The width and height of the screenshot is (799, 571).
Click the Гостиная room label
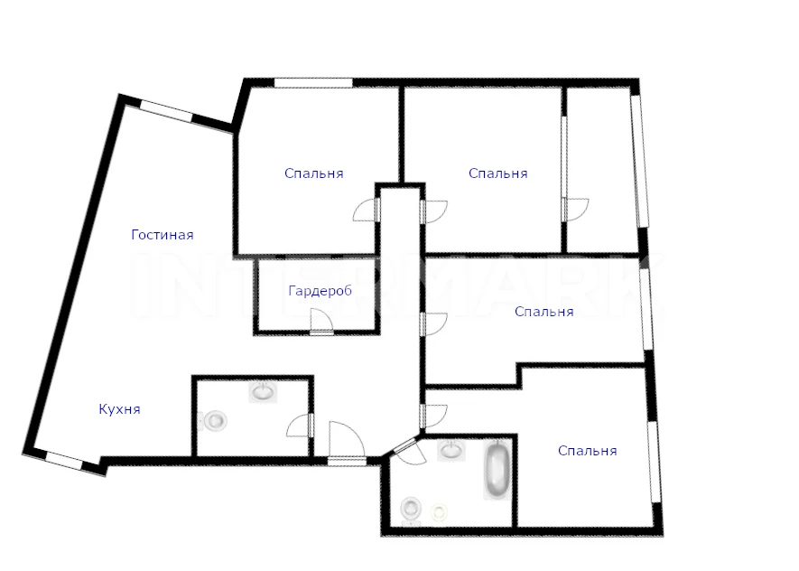point(162,235)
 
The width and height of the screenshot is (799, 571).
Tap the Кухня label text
point(119,409)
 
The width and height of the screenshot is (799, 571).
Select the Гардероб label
point(320,291)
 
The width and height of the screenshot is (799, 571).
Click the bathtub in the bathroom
point(497,470)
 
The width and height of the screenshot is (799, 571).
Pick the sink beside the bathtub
point(451,450)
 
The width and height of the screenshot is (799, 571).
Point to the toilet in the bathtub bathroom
point(411,509)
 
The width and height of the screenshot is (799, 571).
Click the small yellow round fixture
point(439,510)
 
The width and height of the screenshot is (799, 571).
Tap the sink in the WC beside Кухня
point(263,392)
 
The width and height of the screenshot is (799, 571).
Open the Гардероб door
point(321,323)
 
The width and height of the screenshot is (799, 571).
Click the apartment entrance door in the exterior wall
point(347,444)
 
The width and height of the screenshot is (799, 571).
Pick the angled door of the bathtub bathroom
point(409,452)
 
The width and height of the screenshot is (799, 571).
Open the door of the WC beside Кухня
point(300,426)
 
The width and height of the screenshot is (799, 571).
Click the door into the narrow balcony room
point(575,210)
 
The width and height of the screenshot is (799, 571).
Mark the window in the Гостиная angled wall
point(166,112)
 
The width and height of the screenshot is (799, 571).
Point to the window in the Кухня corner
point(65,461)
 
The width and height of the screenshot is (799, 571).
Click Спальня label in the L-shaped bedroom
point(544,312)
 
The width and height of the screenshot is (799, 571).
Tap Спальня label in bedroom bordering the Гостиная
point(314,173)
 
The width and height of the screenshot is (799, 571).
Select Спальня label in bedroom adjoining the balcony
point(497,173)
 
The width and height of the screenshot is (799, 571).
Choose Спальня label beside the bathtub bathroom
point(588,451)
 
